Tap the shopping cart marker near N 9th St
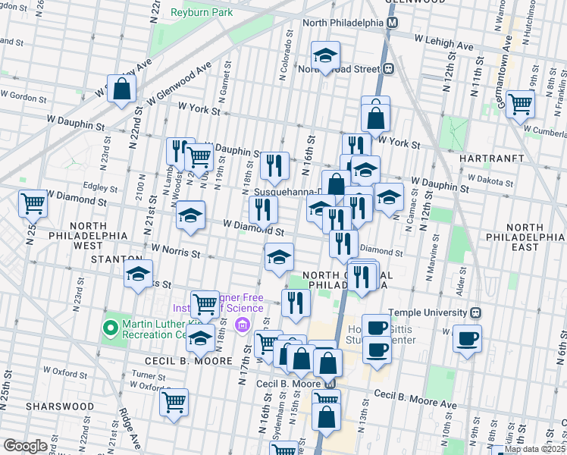520,104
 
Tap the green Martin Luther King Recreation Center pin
110,328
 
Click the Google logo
25,446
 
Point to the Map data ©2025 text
534,449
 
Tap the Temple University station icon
476,312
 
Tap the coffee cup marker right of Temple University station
467,337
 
